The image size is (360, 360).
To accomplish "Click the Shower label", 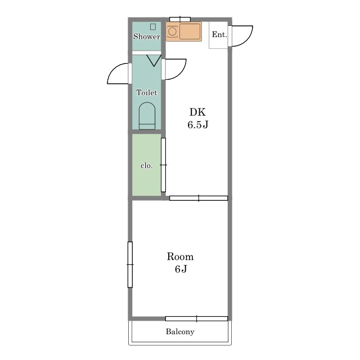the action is click(x=147, y=37).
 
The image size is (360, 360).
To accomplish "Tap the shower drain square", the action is click(x=153, y=27).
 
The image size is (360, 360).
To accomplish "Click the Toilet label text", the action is click(x=147, y=92).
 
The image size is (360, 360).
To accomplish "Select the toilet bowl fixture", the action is click(x=147, y=116).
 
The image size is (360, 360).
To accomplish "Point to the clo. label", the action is click(x=146, y=165).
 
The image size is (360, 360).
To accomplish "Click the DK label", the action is click(x=197, y=112).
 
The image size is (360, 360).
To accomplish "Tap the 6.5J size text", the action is click(x=197, y=125).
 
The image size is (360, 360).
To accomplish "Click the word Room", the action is click(x=180, y=256).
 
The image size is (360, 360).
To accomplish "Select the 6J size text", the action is click(x=181, y=269).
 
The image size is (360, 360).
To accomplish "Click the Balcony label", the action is click(x=180, y=332).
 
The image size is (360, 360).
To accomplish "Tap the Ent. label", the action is click(x=219, y=34).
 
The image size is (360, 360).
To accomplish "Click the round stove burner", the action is click(x=172, y=31).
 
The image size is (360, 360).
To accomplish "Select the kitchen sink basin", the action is click(x=190, y=31).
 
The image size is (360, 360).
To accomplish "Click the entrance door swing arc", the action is click(x=247, y=39).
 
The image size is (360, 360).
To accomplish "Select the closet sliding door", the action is click(x=163, y=165).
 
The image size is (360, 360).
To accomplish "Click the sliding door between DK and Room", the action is click(x=199, y=198).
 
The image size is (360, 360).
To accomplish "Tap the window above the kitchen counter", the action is click(x=180, y=19).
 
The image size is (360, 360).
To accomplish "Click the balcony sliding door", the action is click(x=196, y=318).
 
